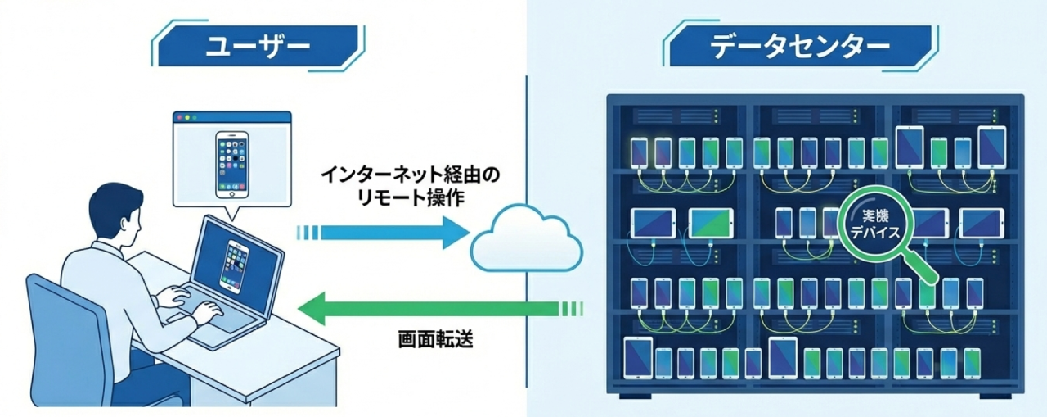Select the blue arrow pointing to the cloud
click(x=384, y=233)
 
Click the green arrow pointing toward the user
click(x=425, y=309)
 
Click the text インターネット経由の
click(x=409, y=175)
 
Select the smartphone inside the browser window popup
click(x=231, y=164)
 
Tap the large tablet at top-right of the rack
click(x=910, y=147)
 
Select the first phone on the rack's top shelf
click(x=640, y=152)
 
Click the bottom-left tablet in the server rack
click(x=638, y=357)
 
